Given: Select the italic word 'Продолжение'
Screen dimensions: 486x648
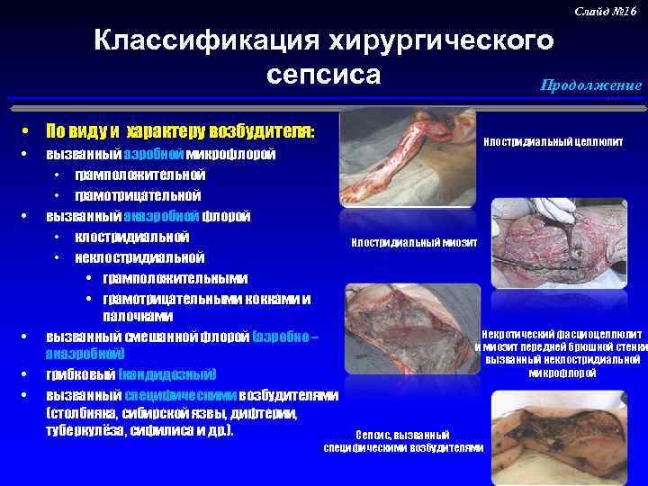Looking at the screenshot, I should coord(590,85).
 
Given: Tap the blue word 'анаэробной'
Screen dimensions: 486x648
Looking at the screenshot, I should coord(161,216).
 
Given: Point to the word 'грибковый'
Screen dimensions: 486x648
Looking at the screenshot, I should coord(83,374).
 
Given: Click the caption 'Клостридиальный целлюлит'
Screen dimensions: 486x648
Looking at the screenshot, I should coord(553,142).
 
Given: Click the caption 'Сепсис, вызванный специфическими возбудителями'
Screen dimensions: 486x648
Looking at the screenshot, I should coord(403,441).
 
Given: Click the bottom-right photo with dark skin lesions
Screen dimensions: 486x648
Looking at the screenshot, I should coord(567,439).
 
